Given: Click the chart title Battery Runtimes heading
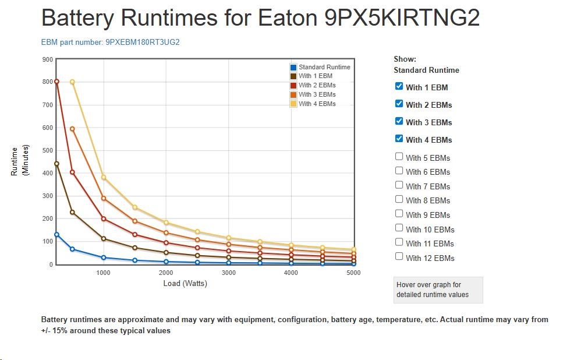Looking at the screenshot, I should [x=260, y=18].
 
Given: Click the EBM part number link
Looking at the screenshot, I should [x=110, y=43].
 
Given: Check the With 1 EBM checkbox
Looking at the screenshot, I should [x=399, y=86].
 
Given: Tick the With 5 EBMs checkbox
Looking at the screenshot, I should [x=399, y=156].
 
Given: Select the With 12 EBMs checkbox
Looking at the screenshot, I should [x=399, y=256].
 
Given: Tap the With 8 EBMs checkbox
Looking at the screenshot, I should [x=399, y=199].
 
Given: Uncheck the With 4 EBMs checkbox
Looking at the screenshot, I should [x=399, y=139].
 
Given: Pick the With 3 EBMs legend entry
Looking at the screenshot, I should [x=317, y=94].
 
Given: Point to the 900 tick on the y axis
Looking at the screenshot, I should [x=48, y=59].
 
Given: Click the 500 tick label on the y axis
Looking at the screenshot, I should [x=48, y=150].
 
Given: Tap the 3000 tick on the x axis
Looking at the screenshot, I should [x=228, y=273].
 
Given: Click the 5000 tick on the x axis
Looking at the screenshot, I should [x=353, y=273].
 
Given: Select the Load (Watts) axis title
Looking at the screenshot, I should [x=185, y=284].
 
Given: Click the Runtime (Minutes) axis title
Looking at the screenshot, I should [x=20, y=161].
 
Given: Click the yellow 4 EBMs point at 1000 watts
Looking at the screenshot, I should [x=104, y=177].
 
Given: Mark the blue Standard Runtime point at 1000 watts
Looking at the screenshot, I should [x=104, y=257].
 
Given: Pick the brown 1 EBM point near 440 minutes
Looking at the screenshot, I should [x=57, y=164].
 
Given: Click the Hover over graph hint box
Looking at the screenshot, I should [x=438, y=290].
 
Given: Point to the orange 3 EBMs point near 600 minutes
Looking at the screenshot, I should [x=72, y=129].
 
